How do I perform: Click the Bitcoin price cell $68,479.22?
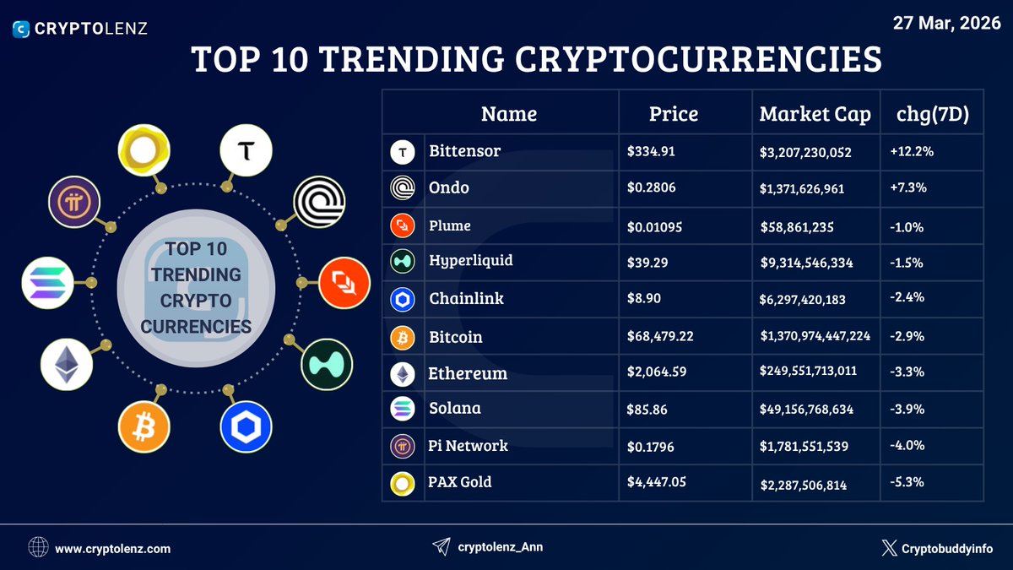660,336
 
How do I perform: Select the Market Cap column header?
815,114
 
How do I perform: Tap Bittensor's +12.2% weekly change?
910,151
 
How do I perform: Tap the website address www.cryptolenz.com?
113,548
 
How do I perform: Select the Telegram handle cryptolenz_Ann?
500,547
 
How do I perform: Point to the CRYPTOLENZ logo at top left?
80,29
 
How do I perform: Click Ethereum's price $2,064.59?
658,372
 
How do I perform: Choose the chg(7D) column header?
930,114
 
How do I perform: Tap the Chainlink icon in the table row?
402,300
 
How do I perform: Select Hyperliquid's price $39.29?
647,263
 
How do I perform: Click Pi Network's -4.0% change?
907,445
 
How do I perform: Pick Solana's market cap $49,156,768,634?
806,409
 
